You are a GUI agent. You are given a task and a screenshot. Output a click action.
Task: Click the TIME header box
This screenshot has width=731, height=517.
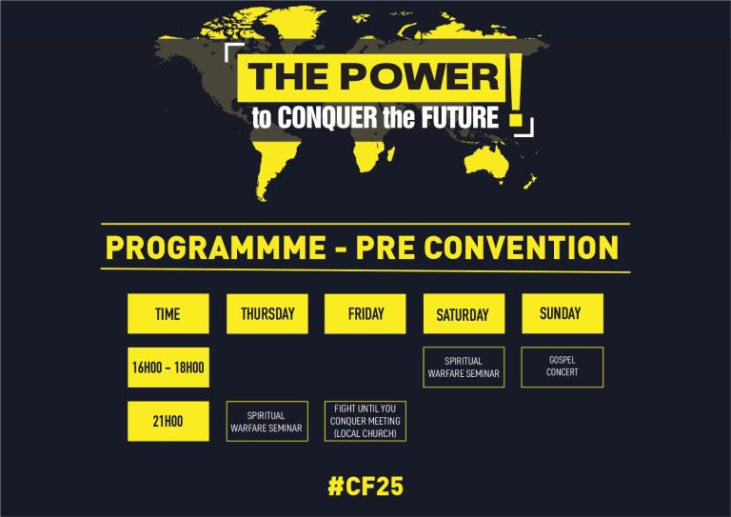click(x=168, y=313)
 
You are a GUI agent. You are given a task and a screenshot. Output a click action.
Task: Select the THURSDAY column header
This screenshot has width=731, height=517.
click(x=267, y=313)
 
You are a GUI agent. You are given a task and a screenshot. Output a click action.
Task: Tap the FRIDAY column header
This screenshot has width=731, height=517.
click(x=365, y=313)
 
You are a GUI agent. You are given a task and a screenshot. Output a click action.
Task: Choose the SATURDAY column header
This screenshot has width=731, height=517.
click(x=464, y=313)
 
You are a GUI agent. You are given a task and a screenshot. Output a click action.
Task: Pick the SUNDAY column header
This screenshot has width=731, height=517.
click(x=563, y=313)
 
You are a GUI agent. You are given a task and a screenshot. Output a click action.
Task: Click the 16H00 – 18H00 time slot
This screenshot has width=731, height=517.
click(x=168, y=368)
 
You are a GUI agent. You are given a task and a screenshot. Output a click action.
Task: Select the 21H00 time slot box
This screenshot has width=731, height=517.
click(x=168, y=421)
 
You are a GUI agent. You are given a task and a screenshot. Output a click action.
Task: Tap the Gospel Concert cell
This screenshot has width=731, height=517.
click(x=563, y=367)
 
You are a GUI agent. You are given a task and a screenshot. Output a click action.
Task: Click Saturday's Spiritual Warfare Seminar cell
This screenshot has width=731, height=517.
click(x=464, y=367)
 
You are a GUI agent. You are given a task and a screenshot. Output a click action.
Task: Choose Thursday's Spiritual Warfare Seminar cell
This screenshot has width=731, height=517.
click(x=267, y=421)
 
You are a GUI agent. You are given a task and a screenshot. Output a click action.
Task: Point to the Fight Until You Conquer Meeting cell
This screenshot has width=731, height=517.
click(x=365, y=421)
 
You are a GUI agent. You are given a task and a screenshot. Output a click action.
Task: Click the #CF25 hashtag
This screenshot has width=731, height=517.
click(x=365, y=486)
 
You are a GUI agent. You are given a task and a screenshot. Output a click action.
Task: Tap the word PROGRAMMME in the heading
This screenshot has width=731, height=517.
click(x=216, y=248)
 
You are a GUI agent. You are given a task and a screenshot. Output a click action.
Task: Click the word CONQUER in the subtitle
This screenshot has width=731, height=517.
click(x=327, y=117)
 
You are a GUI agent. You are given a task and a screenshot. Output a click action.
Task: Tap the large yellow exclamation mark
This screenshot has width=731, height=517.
click(x=516, y=89)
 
